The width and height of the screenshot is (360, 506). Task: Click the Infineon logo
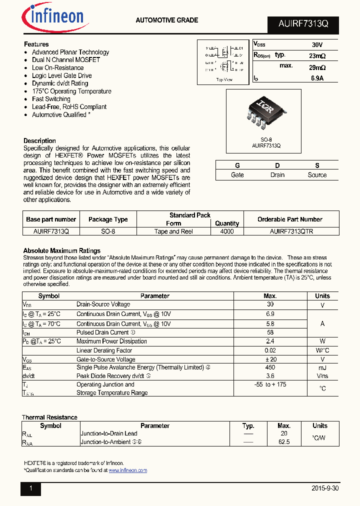tap(55, 18)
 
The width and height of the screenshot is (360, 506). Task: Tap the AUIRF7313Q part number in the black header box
tap(303, 24)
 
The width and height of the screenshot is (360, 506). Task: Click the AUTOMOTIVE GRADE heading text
tap(167, 20)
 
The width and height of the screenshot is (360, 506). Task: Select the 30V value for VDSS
tap(317, 44)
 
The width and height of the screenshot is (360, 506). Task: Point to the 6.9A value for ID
tap(317, 78)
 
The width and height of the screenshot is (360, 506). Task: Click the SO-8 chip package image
tap(263, 113)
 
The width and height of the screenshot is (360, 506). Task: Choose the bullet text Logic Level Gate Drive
tap(61, 75)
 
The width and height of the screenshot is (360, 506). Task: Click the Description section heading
tap(39, 141)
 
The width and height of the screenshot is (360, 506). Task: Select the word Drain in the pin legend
tap(277, 175)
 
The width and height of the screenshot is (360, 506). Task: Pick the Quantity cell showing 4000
tap(226, 231)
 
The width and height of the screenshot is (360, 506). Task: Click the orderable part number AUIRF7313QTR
tap(291, 231)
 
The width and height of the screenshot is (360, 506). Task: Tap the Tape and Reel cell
tap(173, 231)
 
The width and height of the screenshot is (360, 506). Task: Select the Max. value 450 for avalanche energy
tap(270, 367)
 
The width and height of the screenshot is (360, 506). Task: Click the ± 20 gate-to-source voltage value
tap(270, 359)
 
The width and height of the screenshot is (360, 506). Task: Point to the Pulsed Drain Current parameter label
tap(102, 332)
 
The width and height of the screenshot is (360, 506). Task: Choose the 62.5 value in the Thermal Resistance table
tap(284, 442)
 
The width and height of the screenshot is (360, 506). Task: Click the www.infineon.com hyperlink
tap(127, 470)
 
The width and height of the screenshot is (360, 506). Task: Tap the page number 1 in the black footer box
tap(30, 488)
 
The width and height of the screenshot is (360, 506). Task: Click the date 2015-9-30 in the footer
tap(324, 488)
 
